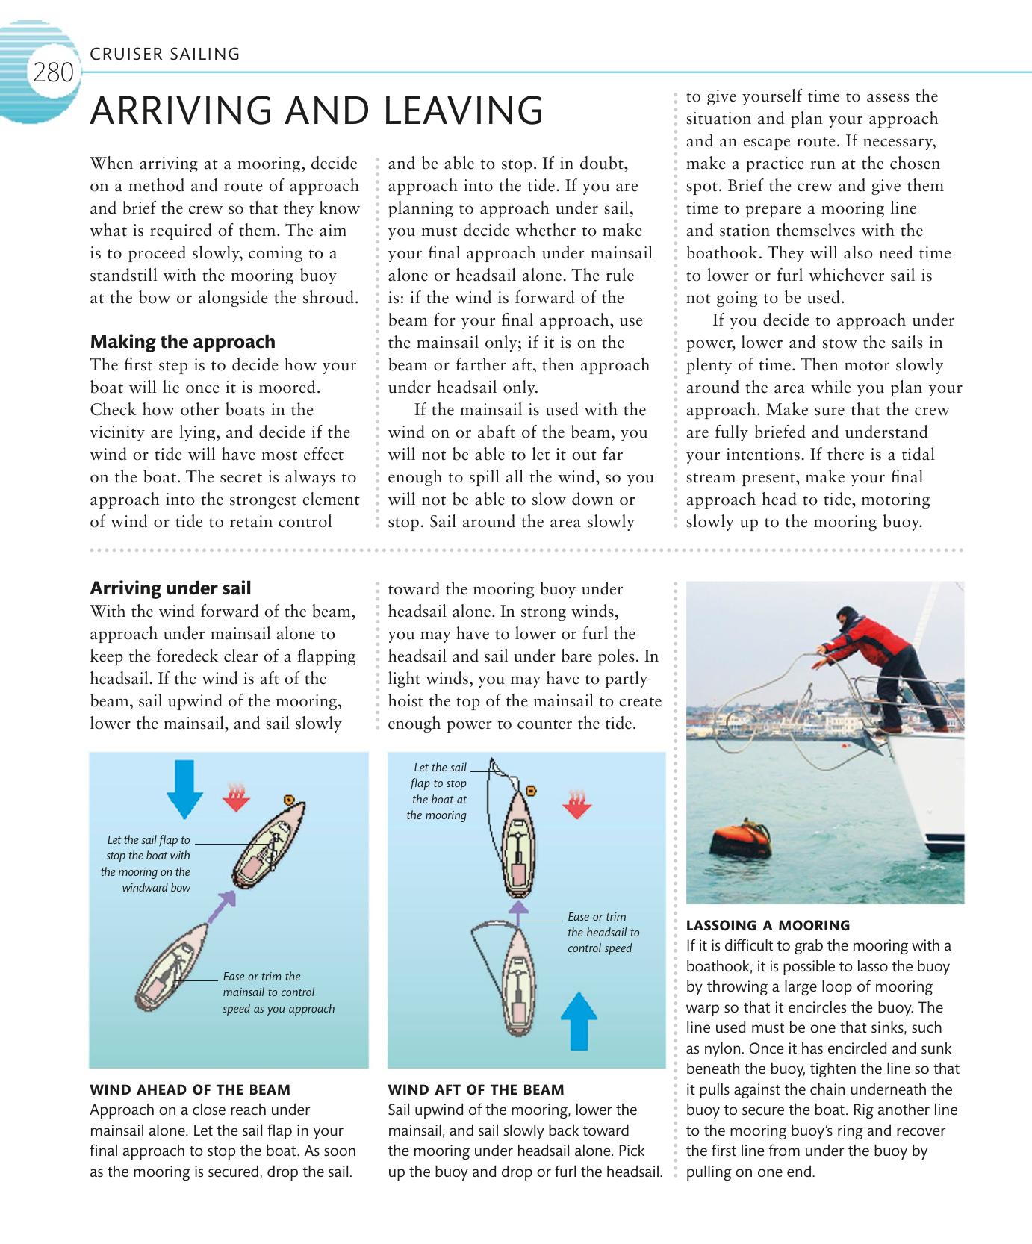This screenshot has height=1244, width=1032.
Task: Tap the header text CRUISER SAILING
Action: (x=164, y=54)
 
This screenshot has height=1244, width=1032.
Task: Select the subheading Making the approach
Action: (x=182, y=342)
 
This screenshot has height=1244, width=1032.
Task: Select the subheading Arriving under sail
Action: (x=170, y=588)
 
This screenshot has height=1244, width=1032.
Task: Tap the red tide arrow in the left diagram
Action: (x=237, y=797)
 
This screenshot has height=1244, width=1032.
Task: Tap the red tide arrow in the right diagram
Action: (x=576, y=803)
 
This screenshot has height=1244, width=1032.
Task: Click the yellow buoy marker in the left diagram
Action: (x=289, y=800)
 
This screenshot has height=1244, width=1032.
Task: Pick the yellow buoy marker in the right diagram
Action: (x=532, y=790)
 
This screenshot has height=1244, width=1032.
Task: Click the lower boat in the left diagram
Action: (x=172, y=967)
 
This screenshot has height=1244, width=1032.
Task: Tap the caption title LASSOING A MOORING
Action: (x=768, y=925)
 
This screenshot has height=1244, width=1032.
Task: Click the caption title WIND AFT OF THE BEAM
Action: (x=476, y=1089)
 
